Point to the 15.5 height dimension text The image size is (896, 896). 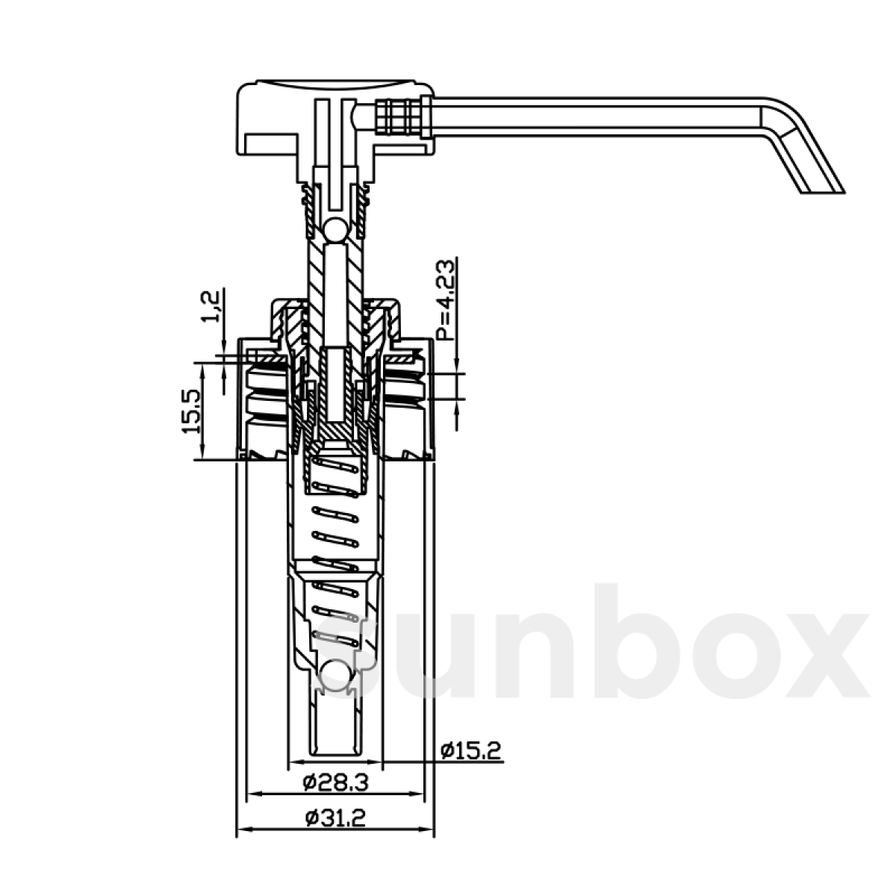tap(190, 411)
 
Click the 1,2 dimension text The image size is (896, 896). tap(212, 306)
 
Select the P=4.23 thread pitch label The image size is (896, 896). tap(446, 300)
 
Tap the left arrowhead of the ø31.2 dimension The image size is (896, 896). tap(240, 829)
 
